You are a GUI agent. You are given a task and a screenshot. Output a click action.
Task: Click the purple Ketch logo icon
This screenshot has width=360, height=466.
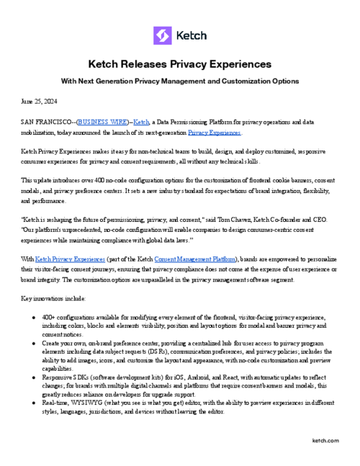click(x=163, y=35)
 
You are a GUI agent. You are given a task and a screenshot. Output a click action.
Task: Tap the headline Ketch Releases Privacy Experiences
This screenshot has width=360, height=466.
click(x=179, y=64)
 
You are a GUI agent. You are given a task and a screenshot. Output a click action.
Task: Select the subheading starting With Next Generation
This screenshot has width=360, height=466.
click(x=179, y=81)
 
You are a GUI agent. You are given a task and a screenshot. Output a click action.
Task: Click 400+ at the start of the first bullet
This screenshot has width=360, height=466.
click(x=50, y=317)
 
